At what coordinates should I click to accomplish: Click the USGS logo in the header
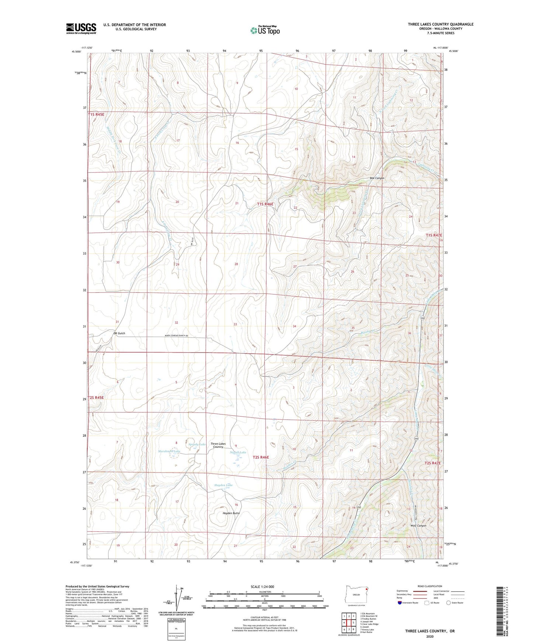coord(81,28)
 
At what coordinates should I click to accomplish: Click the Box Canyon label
coord(377,178)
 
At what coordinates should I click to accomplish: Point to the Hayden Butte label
coord(231,513)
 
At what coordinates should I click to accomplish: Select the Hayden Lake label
coord(224,485)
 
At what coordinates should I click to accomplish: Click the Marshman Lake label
coord(169,451)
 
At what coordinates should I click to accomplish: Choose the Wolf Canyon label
coord(418,526)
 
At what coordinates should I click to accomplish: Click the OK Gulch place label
coord(119,333)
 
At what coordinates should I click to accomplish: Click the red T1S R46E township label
coord(265,204)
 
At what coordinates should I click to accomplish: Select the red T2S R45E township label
coord(96,398)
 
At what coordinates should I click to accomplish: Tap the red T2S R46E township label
coord(261,457)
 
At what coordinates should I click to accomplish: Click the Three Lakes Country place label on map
coord(218,445)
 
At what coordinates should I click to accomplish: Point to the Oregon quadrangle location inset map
coord(356,595)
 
